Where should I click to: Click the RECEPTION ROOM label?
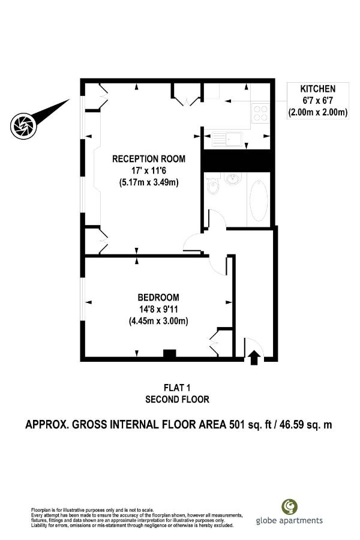point(148,159)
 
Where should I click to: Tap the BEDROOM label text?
point(158,297)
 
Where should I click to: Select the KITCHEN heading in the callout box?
point(317,89)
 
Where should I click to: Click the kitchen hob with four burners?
point(260,113)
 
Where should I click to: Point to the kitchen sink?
point(227,139)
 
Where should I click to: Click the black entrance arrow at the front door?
point(254,358)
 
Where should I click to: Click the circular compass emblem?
point(23,126)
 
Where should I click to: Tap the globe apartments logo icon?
point(289,506)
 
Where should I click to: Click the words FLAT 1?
point(177,388)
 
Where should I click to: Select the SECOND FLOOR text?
point(177,400)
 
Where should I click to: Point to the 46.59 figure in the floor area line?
point(292,424)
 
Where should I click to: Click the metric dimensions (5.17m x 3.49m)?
point(149,182)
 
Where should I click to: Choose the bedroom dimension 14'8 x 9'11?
point(158,309)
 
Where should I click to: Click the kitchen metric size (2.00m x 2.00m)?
point(317,112)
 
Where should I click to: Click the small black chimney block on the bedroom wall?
point(169,353)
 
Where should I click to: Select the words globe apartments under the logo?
point(289,520)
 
